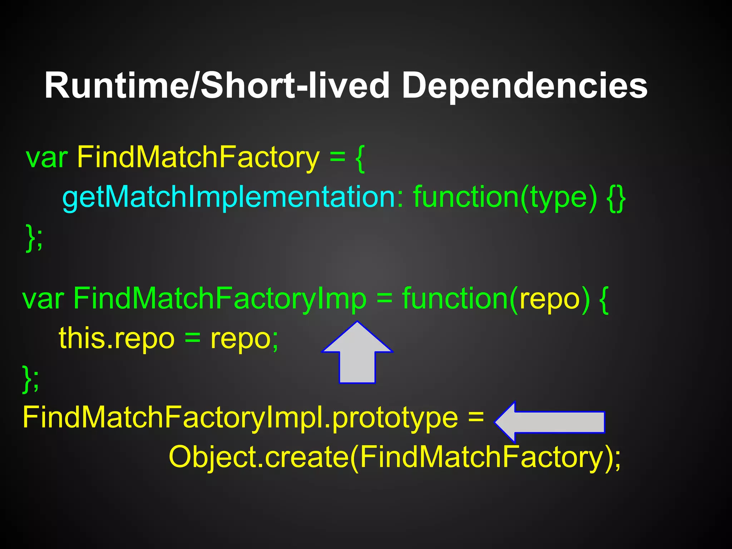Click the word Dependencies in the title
pyautogui.click(x=524, y=86)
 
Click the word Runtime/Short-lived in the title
pyautogui.click(x=217, y=86)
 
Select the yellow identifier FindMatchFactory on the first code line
pyautogui.click(x=198, y=157)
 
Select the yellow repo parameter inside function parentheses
pyautogui.click(x=549, y=299)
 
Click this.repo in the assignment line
pyautogui.click(x=117, y=338)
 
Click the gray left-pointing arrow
pyautogui.click(x=549, y=422)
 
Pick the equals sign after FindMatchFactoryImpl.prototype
pyautogui.click(x=476, y=417)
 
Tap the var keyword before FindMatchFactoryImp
pyautogui.click(x=43, y=299)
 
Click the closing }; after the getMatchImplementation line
pyautogui.click(x=34, y=237)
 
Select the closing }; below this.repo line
pyautogui.click(x=31, y=379)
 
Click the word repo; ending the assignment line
pyautogui.click(x=244, y=338)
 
